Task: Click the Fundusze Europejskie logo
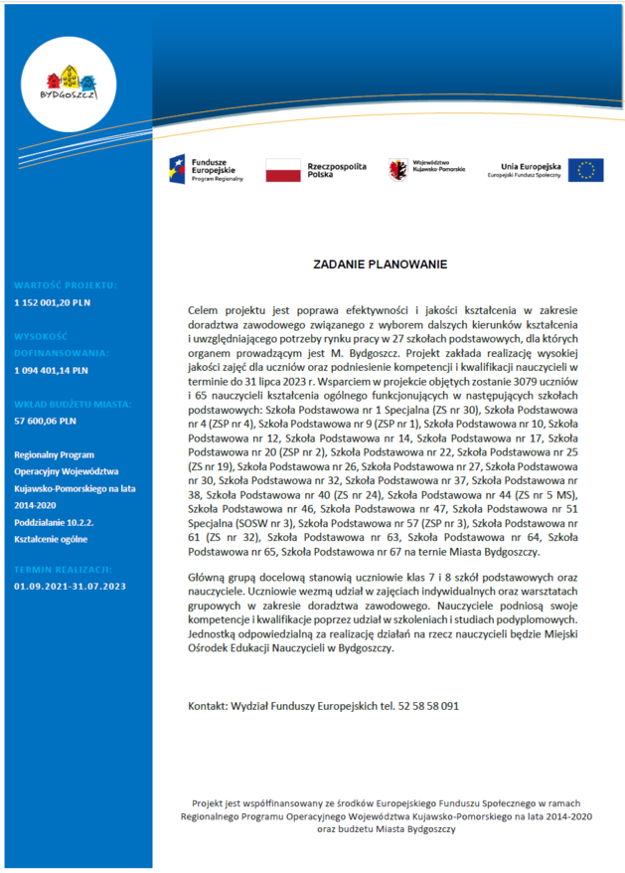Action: click(205, 170)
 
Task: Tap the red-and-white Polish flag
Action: click(282, 170)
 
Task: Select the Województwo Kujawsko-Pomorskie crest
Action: click(398, 169)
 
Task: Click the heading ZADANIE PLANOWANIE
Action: click(381, 265)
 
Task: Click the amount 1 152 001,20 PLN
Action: click(52, 300)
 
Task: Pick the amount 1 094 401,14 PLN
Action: click(52, 370)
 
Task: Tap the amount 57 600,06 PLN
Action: click(46, 422)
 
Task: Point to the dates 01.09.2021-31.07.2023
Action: click(70, 586)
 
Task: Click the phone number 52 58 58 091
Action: click(429, 706)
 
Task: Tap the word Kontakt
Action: click(207, 706)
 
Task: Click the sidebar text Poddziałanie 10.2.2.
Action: click(54, 521)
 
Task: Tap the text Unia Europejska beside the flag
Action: click(532, 165)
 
